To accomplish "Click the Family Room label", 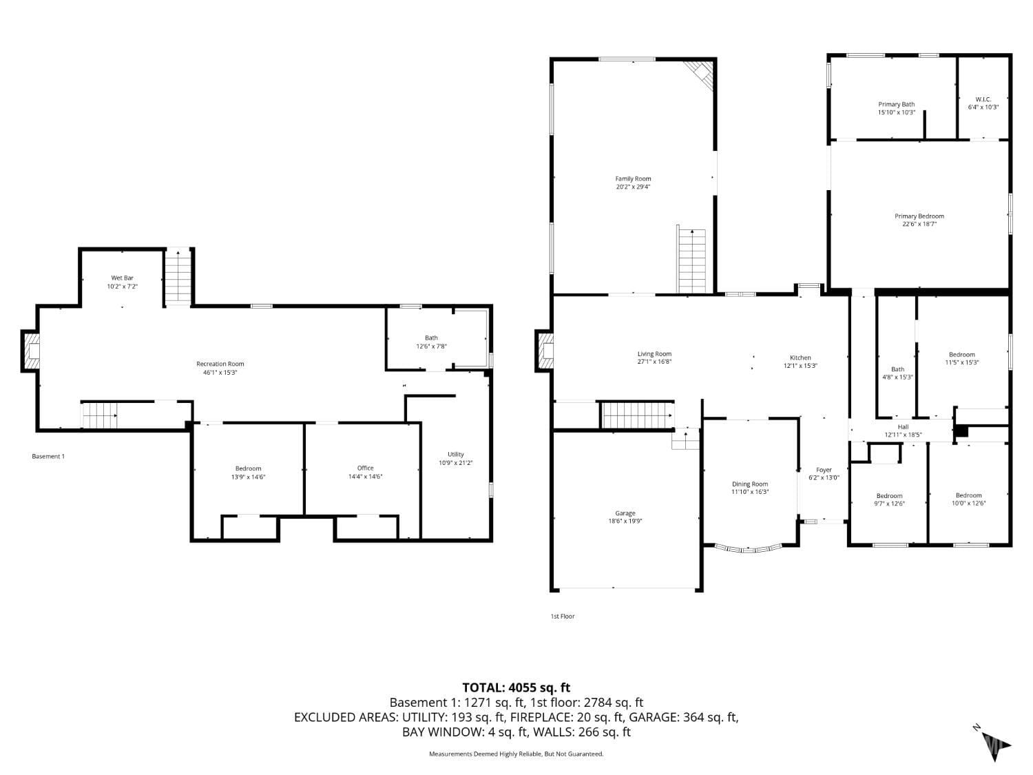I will point(633,178).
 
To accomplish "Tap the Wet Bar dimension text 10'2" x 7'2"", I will point(122,287).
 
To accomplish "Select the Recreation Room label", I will point(220,364).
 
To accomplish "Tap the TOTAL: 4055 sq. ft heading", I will point(516,687).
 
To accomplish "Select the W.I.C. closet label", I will point(983,99).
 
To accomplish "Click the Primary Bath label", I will point(896,104).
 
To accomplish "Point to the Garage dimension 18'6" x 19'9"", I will point(625,521).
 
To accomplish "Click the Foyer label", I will point(824,470).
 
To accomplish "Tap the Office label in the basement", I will point(365,468).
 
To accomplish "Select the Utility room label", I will point(455,454).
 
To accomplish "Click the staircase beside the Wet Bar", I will point(178,278).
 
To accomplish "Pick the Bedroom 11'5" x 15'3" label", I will point(961,354).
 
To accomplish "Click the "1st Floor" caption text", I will point(562,617).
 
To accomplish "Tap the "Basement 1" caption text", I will point(48,456).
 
